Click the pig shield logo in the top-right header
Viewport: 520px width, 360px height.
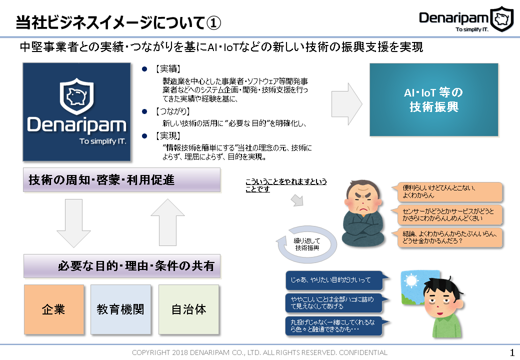(501, 19)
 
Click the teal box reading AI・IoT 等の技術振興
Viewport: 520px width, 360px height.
(433, 100)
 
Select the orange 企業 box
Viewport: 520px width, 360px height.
(54, 309)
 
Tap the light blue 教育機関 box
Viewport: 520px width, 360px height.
(120, 309)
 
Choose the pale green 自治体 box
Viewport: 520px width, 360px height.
(188, 309)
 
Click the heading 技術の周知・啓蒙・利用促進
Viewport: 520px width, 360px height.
(121, 180)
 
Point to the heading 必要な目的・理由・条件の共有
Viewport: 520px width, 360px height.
(121, 266)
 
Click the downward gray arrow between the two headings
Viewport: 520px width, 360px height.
(73, 223)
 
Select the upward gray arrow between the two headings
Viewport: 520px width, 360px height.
(168, 223)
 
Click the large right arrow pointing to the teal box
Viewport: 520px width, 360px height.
(346, 99)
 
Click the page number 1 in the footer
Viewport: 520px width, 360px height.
(511, 352)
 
